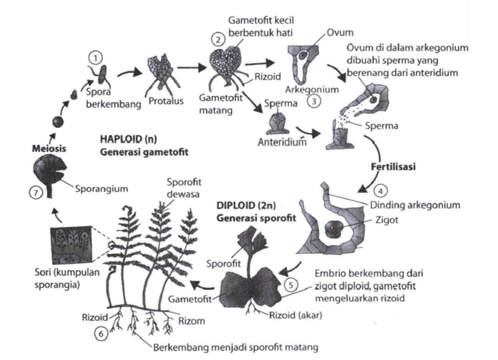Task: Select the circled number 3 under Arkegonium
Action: coord(313,101)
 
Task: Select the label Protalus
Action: coord(166,102)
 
